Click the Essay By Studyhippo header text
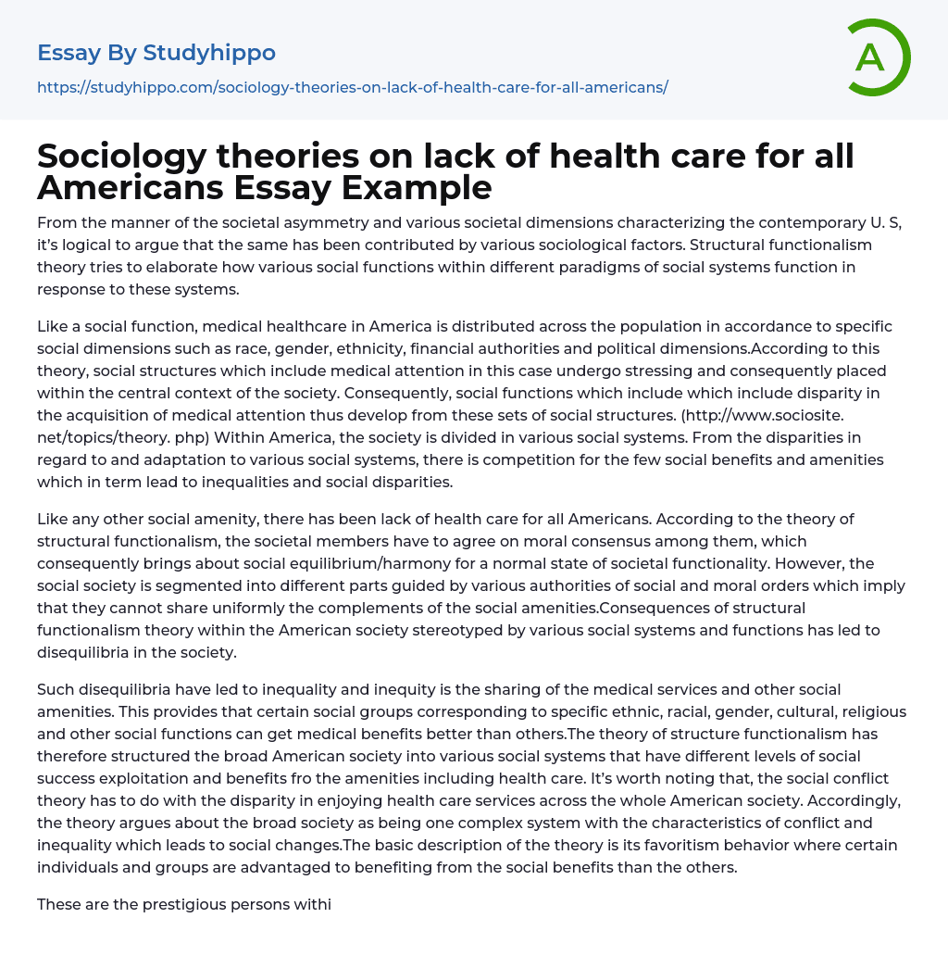[x=156, y=53]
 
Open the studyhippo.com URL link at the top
[x=352, y=87]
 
